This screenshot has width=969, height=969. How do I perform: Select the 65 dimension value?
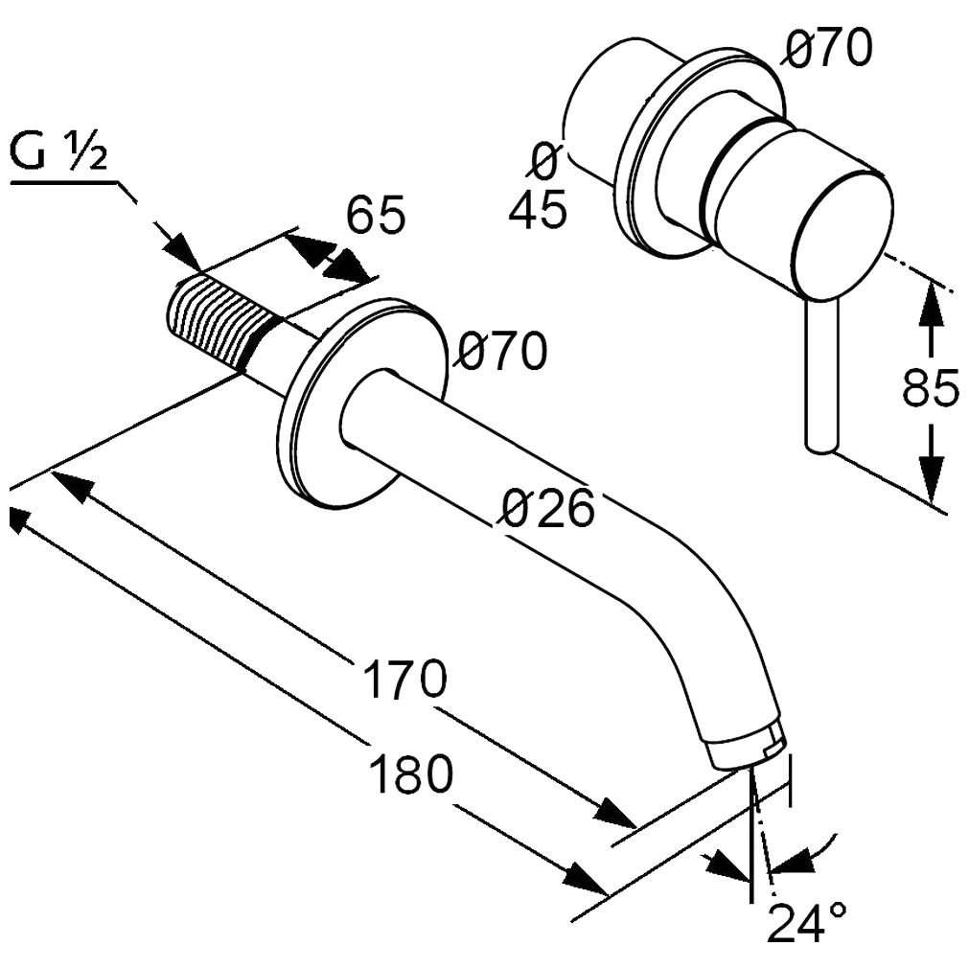pyautogui.click(x=375, y=215)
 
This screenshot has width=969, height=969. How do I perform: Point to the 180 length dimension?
pyautogui.click(x=410, y=773)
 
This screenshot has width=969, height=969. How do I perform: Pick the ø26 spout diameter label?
pyautogui.click(x=547, y=508)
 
